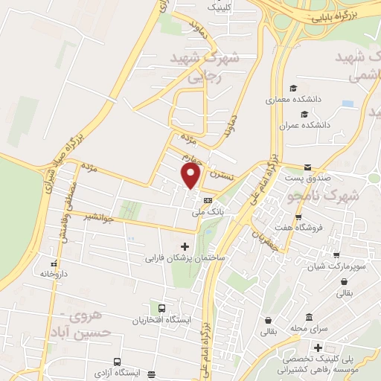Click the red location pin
pyautogui.click(x=191, y=176)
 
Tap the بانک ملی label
pyautogui.click(x=208, y=212)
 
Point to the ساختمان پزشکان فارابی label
pyautogui.click(x=185, y=258)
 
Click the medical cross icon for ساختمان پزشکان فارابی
pyautogui.click(x=185, y=246)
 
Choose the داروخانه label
pyautogui.click(x=53, y=274)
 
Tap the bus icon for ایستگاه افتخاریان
pyautogui.click(x=160, y=308)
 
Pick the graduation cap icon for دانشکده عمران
pyautogui.click(x=304, y=114)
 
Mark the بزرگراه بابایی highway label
pyautogui.click(x=347, y=14)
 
